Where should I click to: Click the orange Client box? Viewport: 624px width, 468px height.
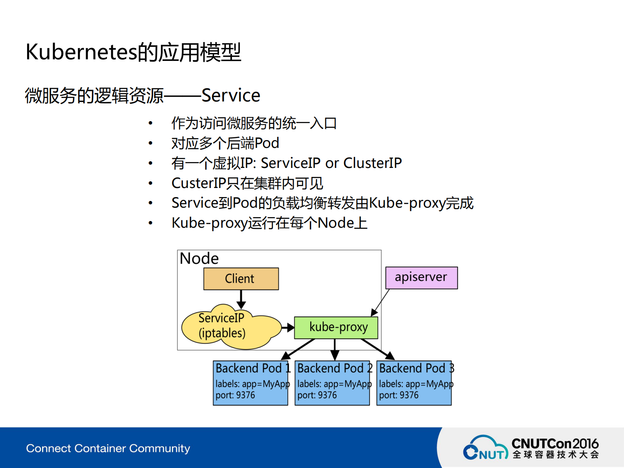(x=241, y=279)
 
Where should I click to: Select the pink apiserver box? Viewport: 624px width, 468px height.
(x=421, y=278)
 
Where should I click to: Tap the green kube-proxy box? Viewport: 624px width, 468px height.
(x=336, y=328)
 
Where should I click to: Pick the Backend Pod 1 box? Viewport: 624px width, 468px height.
(x=250, y=383)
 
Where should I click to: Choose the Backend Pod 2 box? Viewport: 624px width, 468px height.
(x=332, y=383)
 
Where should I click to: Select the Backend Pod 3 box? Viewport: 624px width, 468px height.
(x=414, y=383)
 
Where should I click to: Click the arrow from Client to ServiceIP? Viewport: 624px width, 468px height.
(x=241, y=299)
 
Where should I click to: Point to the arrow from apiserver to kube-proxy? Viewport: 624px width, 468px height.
(x=380, y=302)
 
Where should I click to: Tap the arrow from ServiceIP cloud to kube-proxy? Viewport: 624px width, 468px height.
(x=288, y=327)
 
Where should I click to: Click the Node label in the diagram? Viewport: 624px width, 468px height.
(x=199, y=259)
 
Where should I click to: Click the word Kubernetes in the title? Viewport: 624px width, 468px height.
(x=81, y=52)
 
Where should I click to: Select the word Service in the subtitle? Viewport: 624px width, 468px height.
(x=230, y=96)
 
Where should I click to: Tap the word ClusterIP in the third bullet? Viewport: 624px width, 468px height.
(x=372, y=163)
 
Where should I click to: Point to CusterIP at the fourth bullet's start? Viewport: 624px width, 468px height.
(x=199, y=183)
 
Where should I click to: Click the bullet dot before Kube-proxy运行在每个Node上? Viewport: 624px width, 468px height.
(x=150, y=223)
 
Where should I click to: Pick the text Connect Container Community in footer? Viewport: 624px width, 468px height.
(x=108, y=448)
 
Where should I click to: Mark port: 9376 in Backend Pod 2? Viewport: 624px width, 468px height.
(x=317, y=395)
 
